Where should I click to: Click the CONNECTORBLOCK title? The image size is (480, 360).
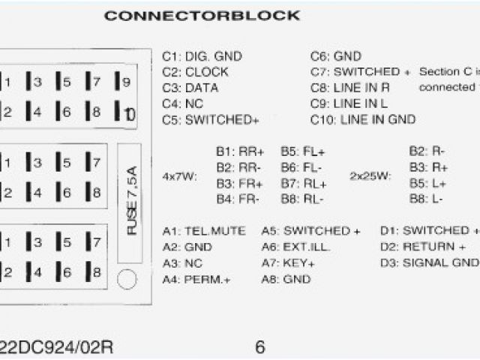[202, 16]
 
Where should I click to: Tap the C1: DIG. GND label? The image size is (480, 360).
[202, 56]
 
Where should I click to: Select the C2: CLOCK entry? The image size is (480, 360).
[196, 72]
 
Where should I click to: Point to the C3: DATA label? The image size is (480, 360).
[190, 88]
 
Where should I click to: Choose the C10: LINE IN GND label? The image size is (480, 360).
[363, 119]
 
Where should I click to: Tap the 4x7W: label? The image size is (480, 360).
[179, 176]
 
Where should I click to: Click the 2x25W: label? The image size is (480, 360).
[370, 176]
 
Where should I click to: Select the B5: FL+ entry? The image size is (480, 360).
[303, 151]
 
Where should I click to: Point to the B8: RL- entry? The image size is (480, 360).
[302, 199]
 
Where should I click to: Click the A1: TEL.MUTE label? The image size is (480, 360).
[204, 231]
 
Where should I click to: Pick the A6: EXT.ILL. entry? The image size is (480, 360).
[296, 247]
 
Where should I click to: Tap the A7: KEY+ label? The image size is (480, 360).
[288, 263]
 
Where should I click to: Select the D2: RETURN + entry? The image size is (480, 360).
[423, 247]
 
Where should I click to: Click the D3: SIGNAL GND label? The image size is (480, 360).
[429, 262]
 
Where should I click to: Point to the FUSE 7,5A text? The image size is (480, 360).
[132, 201]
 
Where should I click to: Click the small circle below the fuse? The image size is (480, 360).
[128, 280]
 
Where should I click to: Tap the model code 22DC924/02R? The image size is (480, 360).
[55, 347]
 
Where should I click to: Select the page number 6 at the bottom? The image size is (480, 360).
[260, 347]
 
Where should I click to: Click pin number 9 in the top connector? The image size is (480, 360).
[126, 82]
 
